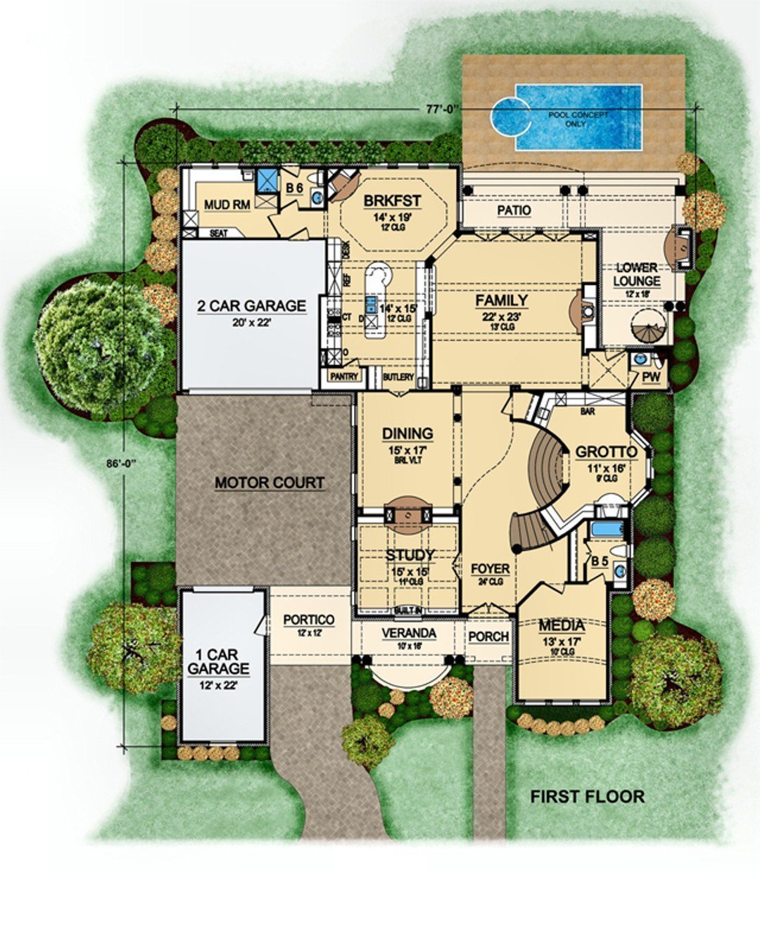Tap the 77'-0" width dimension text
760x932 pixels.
pyautogui.click(x=442, y=109)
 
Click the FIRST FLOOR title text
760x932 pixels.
pyautogui.click(x=587, y=796)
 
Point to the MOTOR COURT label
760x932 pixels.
pyautogui.click(x=270, y=483)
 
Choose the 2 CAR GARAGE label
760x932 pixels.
pyautogui.click(x=251, y=306)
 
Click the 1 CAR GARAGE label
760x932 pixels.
pyautogui.click(x=218, y=662)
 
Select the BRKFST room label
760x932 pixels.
pyautogui.click(x=392, y=201)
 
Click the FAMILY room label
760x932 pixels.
pyautogui.click(x=501, y=300)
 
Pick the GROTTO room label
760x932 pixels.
pyautogui.click(x=606, y=452)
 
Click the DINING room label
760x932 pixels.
pyautogui.click(x=407, y=433)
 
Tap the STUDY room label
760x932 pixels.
pyautogui.click(x=410, y=556)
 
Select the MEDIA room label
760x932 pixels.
pyautogui.click(x=562, y=625)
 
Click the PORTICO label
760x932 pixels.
pyautogui.click(x=308, y=620)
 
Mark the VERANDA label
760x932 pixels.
pyautogui.click(x=409, y=633)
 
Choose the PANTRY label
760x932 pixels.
pyautogui.click(x=343, y=376)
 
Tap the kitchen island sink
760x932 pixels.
pyautogui.click(x=370, y=306)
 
